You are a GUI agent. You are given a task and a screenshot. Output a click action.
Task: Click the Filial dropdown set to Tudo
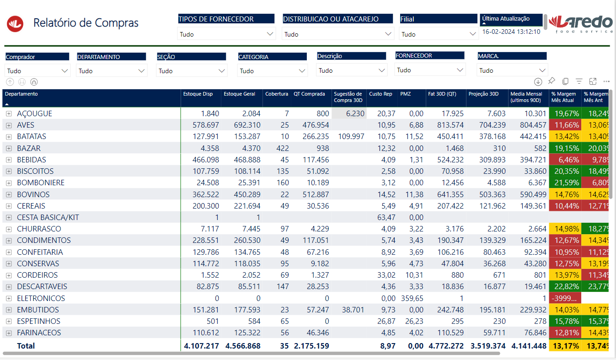439,34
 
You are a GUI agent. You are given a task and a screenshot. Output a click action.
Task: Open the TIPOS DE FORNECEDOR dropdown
226,34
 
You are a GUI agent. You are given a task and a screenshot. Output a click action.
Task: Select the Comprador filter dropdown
37,71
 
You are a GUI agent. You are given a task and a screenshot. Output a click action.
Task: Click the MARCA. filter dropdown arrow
542,70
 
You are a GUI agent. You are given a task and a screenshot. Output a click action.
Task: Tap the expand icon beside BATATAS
9,137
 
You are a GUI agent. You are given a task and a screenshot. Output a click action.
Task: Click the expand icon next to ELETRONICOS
9,298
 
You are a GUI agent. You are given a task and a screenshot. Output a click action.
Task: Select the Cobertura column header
277,94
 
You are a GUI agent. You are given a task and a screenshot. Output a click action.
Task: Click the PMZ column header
406,94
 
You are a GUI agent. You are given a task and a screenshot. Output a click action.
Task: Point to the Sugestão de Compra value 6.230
355,113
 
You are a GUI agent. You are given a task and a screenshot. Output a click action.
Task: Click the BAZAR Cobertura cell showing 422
283,148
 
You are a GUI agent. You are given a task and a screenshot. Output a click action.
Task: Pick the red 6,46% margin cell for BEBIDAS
565,160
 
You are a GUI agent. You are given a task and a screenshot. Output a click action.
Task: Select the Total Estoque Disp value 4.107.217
201,346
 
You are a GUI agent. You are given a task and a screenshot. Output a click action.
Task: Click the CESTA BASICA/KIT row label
48,217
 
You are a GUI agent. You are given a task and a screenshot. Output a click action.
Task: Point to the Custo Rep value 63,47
386,217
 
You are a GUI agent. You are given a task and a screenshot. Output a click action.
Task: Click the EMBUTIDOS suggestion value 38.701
353,310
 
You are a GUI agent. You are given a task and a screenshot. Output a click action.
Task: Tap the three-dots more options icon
606,81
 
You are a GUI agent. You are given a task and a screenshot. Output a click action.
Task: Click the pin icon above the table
552,81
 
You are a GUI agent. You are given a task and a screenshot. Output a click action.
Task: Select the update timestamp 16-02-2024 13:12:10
511,32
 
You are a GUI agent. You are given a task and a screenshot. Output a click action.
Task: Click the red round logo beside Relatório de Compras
15,24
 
